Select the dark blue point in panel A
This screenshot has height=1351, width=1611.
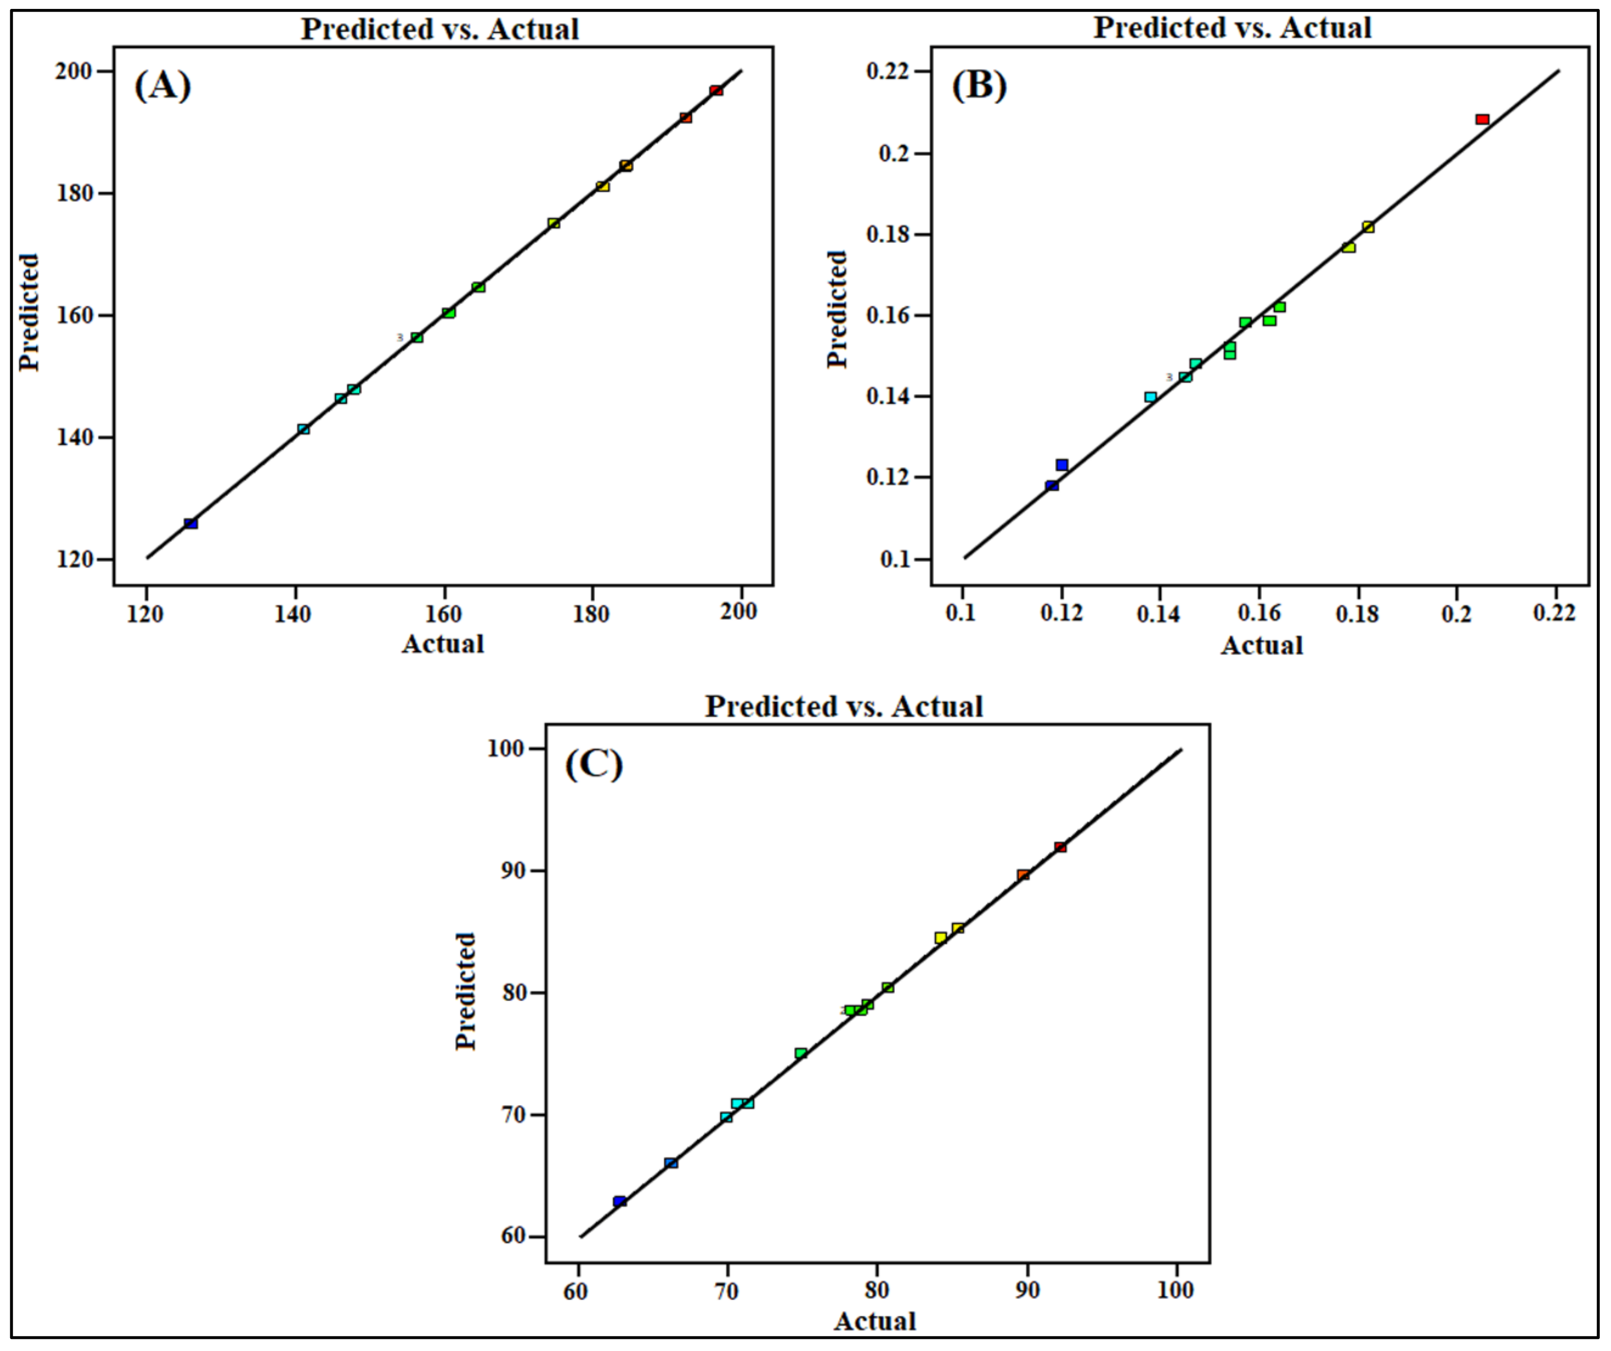pyautogui.click(x=191, y=523)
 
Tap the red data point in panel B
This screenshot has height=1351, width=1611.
pyautogui.click(x=1482, y=120)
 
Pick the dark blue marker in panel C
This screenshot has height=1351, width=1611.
pyautogui.click(x=619, y=1201)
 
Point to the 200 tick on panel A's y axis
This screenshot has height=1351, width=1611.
pyautogui.click(x=73, y=71)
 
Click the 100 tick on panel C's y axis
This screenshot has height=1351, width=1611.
pyautogui.click(x=505, y=749)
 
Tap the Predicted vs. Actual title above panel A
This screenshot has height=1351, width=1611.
pyautogui.click(x=439, y=29)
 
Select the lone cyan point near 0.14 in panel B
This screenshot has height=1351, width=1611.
pyautogui.click(x=1150, y=397)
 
